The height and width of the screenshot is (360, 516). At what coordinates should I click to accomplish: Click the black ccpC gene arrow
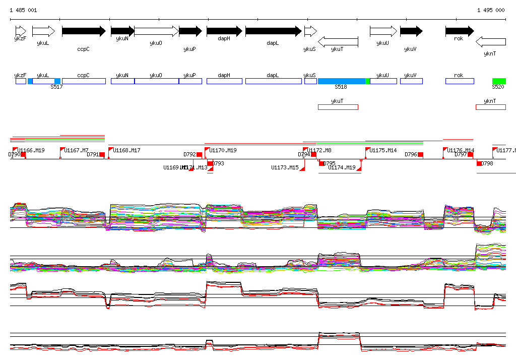83,31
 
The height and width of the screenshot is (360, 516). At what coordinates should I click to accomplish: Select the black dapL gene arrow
273,31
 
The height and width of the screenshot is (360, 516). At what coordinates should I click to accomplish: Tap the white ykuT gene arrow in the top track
338,41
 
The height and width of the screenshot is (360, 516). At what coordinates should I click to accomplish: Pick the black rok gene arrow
459,31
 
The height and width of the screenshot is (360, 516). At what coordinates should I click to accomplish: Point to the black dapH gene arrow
224,31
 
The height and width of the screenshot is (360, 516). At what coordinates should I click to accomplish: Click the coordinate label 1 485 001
23,10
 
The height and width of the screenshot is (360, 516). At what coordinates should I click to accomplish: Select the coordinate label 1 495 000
490,10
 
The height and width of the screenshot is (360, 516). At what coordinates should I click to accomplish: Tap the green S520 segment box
499,81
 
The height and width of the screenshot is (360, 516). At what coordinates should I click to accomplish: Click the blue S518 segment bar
342,81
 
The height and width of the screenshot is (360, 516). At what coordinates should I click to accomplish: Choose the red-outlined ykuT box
338,107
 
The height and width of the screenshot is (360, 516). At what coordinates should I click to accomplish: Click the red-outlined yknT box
491,107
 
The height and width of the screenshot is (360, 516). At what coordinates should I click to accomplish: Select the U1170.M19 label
223,150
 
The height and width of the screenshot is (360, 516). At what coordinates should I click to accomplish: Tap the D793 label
218,163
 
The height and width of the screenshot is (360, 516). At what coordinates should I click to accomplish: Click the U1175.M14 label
383,150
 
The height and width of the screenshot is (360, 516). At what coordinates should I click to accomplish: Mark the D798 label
487,163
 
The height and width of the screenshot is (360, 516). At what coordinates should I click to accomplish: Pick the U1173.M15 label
285,167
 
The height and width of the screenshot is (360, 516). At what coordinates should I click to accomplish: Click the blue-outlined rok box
460,81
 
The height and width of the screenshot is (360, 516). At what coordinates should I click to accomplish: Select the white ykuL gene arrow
43,31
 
